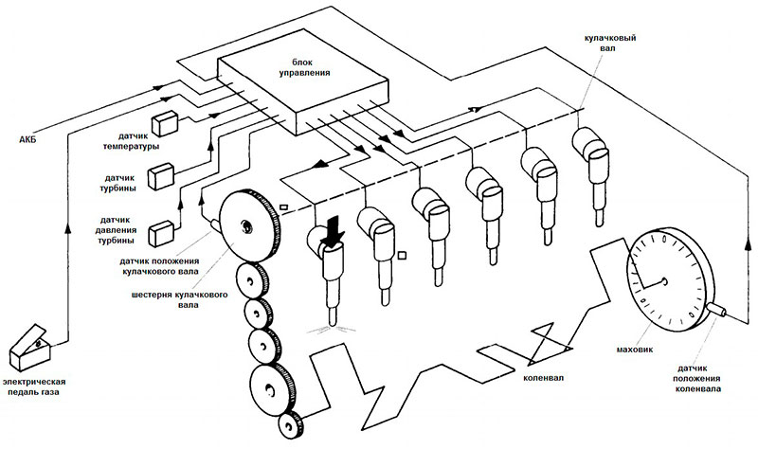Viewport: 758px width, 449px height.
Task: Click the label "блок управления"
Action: coord(304,67)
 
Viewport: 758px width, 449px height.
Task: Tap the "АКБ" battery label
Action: coord(27,140)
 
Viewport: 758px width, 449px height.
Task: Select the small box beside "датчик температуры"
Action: coord(165,123)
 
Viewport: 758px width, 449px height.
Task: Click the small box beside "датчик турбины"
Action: coord(161,176)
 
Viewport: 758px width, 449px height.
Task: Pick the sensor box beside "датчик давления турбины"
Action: coord(161,233)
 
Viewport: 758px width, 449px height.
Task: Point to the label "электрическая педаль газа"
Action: coord(33,386)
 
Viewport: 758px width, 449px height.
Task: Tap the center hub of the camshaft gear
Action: coord(246,225)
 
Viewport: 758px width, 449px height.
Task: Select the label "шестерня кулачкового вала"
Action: coord(179,299)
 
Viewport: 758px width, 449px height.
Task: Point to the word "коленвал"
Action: coord(543,377)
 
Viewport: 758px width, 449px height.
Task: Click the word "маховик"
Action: coord(635,349)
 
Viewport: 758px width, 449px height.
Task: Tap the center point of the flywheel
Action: coord(664,281)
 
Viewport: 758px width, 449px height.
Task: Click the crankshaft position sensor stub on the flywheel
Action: coord(716,310)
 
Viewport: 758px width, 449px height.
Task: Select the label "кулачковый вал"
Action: coord(610,43)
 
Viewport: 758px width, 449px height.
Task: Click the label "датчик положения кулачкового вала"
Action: coord(159,266)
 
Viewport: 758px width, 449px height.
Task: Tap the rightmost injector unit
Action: coord(590,175)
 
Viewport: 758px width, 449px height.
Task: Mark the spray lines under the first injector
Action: coord(332,330)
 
